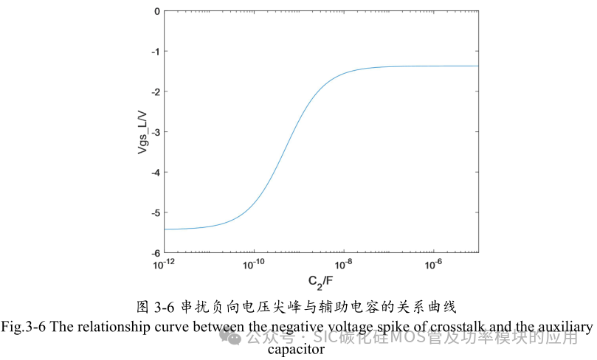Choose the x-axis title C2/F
(320, 281)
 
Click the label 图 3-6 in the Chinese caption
(164, 305)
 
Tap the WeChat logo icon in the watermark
(233, 338)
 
